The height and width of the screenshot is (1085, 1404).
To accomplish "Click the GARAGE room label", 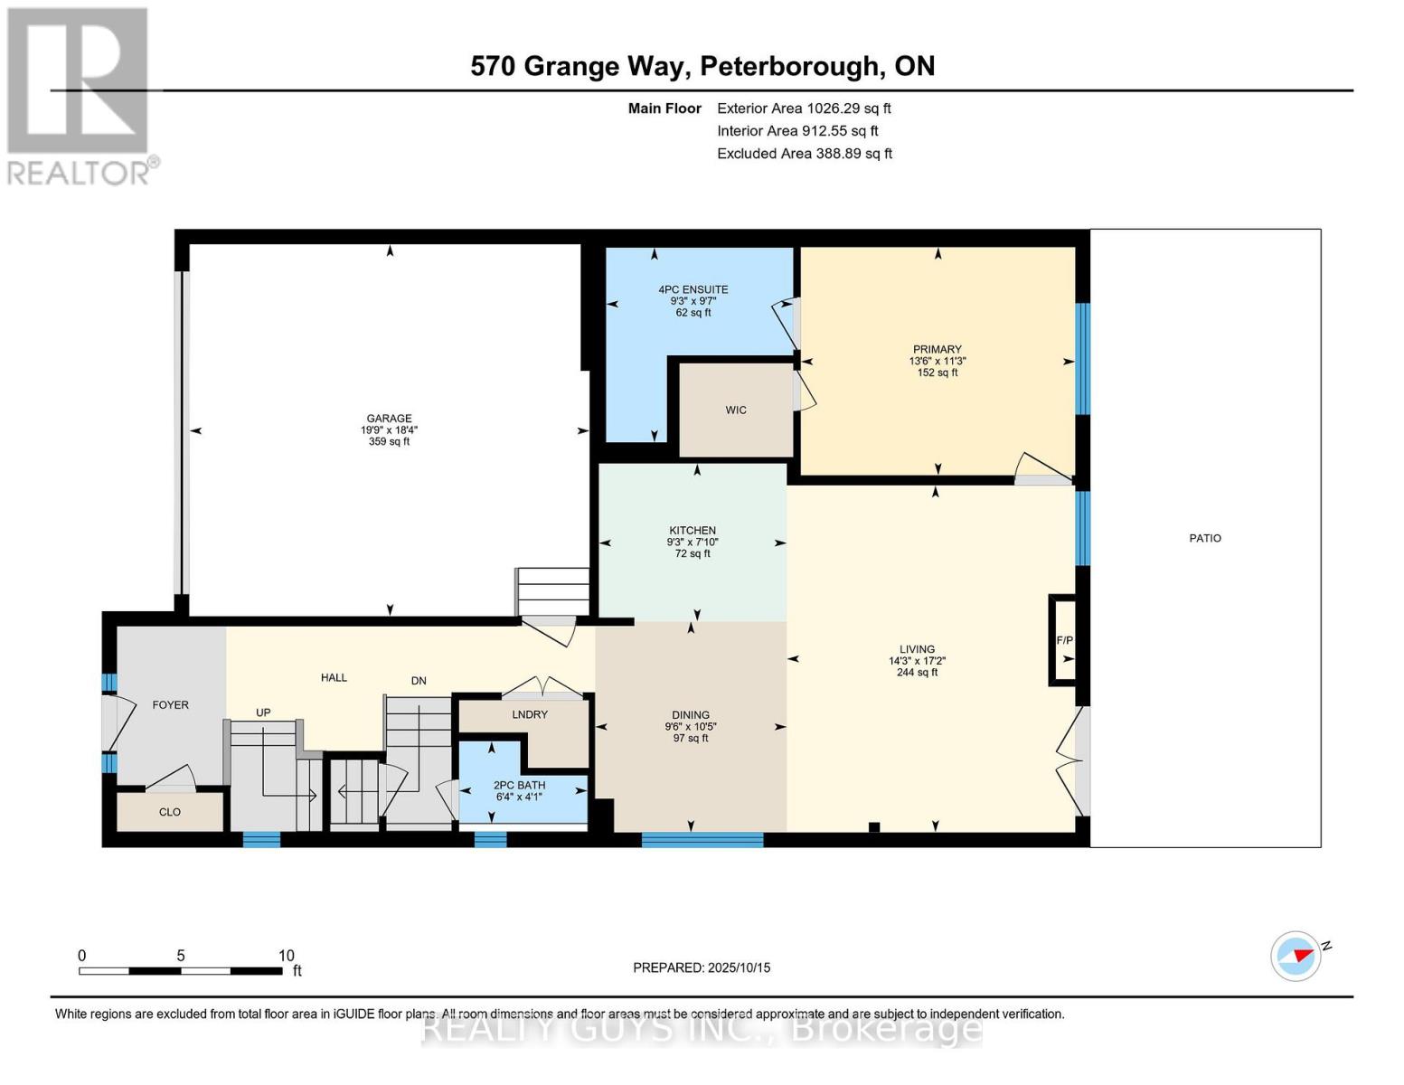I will tap(389, 418).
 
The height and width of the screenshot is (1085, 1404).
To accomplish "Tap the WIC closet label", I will tap(736, 410).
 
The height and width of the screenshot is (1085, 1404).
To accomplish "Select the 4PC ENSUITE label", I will tap(693, 289).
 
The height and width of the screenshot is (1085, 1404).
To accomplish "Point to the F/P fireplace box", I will tap(1064, 640).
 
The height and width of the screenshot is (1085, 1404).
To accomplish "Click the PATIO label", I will tap(1205, 538).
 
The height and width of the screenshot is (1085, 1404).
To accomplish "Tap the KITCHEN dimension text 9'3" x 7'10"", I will tap(693, 542).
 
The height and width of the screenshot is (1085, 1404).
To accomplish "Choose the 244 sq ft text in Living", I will tap(917, 672).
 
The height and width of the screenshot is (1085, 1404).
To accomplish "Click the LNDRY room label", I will tap(530, 714).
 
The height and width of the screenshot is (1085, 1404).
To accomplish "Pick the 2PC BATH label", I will tap(519, 785).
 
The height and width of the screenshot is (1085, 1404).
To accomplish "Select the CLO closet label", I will tap(170, 812).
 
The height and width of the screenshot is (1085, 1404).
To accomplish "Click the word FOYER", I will tap(170, 704).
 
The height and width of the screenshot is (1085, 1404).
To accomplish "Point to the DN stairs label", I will tap(419, 681).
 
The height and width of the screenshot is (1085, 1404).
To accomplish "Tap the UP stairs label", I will tap(263, 712).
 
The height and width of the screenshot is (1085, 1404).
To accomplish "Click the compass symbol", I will tap(1296, 956).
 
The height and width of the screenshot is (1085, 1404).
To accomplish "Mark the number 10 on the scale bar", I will tap(287, 955).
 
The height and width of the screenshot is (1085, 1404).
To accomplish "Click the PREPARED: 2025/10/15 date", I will tap(702, 967).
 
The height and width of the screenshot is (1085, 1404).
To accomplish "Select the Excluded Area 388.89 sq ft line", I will tap(804, 154).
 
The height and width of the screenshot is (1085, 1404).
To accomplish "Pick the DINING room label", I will tap(691, 714).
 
